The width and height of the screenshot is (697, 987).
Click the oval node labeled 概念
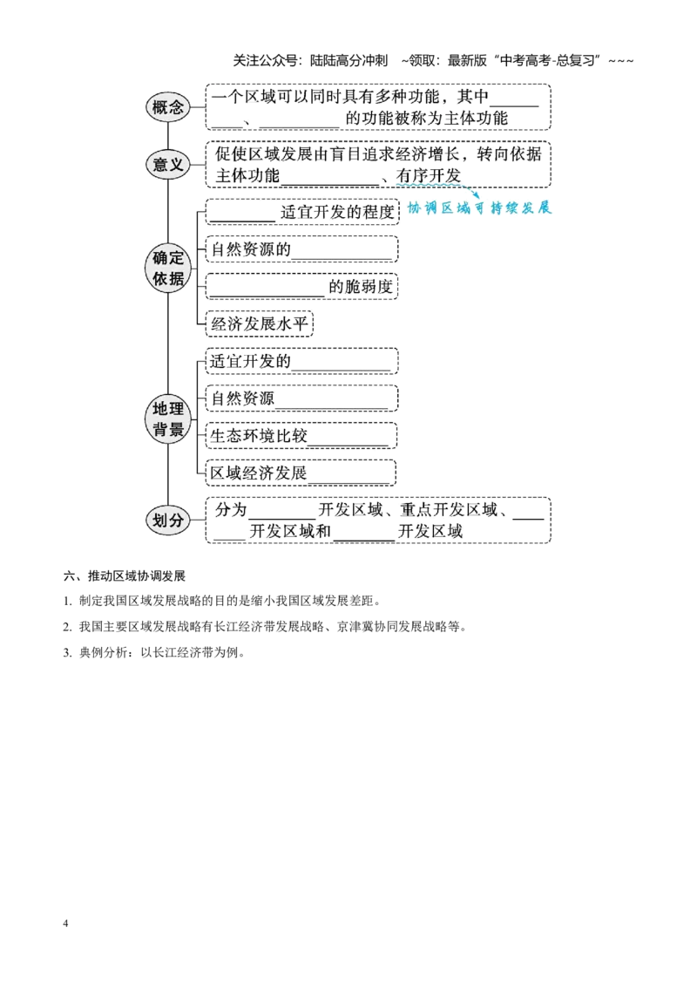168,107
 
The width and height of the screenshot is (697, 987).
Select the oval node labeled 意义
168,164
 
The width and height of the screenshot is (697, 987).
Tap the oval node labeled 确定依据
168,268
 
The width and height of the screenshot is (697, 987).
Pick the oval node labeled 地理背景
168,419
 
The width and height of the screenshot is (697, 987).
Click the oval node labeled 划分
168,520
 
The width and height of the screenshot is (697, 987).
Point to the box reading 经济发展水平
259,324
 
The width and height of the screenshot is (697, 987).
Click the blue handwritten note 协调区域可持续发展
479,208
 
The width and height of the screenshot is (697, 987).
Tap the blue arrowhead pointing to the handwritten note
476,195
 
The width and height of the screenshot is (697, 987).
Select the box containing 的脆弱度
302,287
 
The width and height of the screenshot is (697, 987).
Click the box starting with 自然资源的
302,249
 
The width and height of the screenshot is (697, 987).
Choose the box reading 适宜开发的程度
302,212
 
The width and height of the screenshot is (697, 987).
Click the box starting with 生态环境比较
301,436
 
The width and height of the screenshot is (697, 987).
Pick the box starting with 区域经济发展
301,473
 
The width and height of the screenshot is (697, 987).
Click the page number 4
65,923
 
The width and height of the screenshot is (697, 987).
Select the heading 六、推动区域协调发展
124,576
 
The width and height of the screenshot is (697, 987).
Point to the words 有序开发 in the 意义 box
429,175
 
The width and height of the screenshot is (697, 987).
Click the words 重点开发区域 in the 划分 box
450,509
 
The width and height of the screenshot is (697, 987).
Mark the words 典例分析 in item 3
103,653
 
